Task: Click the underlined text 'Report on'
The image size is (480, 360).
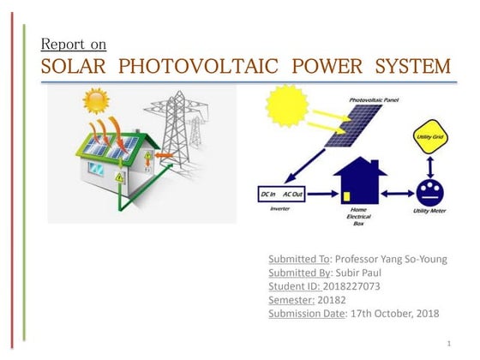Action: point(74,44)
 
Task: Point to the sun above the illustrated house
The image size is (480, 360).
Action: point(96,101)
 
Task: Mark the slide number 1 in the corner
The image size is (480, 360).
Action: point(448,343)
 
